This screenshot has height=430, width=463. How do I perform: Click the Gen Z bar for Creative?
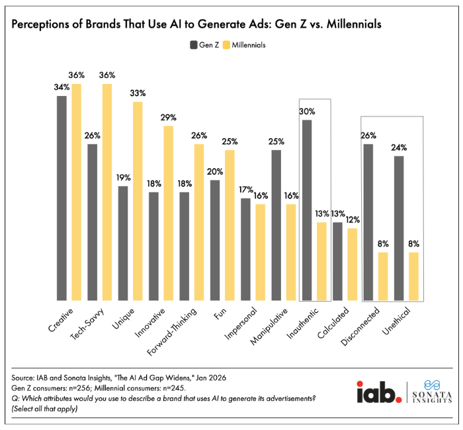tap(62, 198)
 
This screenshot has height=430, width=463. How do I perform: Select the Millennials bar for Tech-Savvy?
tap(106, 192)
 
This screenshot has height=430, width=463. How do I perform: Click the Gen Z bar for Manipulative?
tap(276, 226)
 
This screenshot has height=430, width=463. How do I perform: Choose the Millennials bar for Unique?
tap(137, 201)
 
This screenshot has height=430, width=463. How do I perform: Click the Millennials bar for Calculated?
tap(352, 265)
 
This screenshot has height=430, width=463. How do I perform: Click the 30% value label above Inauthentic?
tap(306, 112)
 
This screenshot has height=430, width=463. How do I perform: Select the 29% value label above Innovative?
tap(168, 118)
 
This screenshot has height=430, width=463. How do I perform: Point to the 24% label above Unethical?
tap(400, 148)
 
